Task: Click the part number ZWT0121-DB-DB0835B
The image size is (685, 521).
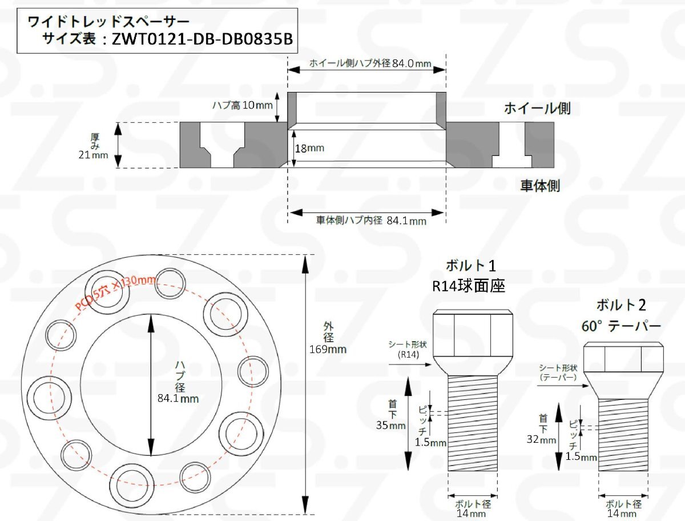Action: tap(202, 39)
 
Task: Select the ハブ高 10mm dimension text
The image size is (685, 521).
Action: tap(243, 105)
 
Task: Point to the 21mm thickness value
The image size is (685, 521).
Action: tap(93, 155)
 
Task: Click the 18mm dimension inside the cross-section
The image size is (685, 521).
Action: tap(309, 149)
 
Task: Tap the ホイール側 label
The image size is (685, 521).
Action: tap(537, 109)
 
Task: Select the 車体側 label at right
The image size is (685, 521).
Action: tap(540, 186)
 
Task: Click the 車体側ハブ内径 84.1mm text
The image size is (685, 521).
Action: tap(371, 221)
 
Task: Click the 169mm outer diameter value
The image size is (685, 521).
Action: tap(328, 349)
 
